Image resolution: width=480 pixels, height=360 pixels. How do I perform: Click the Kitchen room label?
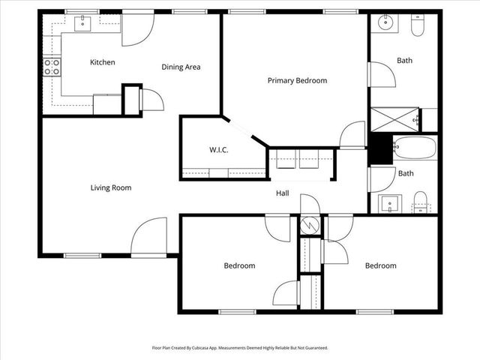coord(102,62)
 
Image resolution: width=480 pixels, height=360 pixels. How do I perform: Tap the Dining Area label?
coord(181,67)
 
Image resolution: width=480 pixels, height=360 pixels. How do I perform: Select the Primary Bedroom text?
coord(297,80)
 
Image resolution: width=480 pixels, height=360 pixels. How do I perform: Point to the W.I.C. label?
coord(218,150)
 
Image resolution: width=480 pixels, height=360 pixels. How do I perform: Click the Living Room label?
coord(111,187)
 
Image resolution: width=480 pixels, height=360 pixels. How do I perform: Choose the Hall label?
coord(282,193)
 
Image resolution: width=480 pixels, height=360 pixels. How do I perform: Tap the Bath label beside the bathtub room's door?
coord(405,173)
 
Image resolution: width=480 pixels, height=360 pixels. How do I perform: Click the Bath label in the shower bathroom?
coord(405,61)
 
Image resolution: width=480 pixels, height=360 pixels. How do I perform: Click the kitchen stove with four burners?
coord(52,67)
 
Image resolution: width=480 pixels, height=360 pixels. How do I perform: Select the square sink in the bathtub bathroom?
coord(389,202)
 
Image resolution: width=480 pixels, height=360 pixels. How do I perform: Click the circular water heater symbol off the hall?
coord(310,224)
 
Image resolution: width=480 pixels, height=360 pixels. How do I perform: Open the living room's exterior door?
coord(149,238)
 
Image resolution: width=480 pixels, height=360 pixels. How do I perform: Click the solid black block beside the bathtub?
coord(381,148)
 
